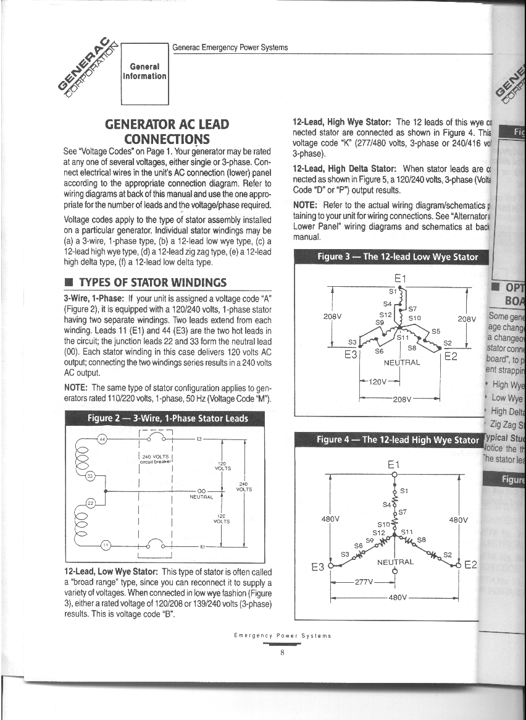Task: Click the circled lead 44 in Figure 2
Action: pos(103,439)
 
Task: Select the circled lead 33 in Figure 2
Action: pos(90,476)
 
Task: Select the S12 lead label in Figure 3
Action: pos(385,314)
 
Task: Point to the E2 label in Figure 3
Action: pos(451,357)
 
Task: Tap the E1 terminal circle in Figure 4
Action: pos(394,475)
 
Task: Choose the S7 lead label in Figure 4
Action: pos(402,512)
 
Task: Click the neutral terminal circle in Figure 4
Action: pos(394,571)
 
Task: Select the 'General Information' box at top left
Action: pos(145,72)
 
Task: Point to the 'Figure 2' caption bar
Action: pos(167,418)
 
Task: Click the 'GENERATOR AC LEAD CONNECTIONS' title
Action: pos(167,131)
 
